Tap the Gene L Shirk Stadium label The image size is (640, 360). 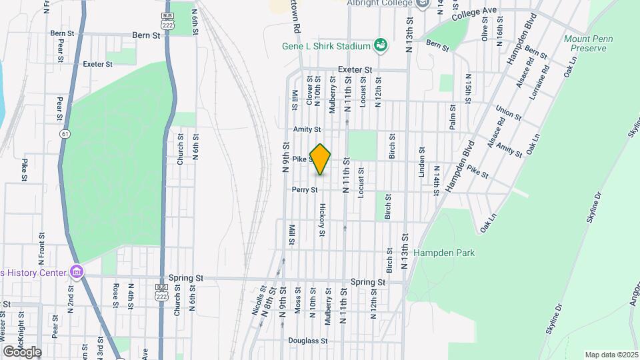326,47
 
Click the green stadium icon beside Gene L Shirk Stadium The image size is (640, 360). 381,45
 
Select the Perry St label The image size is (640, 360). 304,190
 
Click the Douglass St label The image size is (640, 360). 308,341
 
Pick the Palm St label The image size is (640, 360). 452,117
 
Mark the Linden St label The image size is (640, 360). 421,162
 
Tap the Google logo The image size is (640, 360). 21,352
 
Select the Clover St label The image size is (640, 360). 309,93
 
